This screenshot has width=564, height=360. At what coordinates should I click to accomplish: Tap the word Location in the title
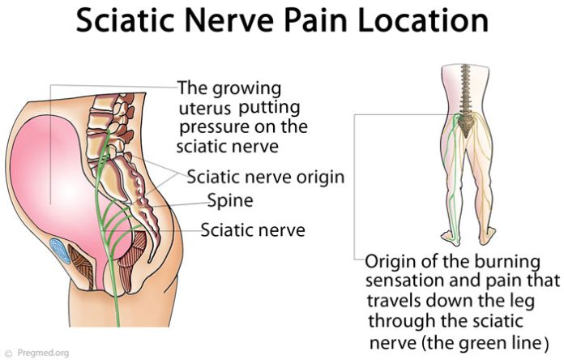click(x=423, y=19)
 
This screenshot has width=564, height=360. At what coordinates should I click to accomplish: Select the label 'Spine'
click(x=230, y=201)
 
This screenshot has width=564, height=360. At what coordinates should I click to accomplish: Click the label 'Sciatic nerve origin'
click(x=266, y=177)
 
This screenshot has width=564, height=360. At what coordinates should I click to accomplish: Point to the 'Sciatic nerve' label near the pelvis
click(x=253, y=230)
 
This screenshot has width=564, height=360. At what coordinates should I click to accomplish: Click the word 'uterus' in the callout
click(x=205, y=109)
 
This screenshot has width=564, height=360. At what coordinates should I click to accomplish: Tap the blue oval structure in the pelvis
click(x=60, y=251)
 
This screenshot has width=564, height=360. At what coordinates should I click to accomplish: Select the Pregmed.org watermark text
click(x=43, y=353)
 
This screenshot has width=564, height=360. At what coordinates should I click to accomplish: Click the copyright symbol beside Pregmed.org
click(x=10, y=354)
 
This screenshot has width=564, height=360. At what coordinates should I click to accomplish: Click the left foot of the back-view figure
click(x=451, y=237)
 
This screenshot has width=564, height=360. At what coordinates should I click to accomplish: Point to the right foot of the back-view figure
click(x=488, y=236)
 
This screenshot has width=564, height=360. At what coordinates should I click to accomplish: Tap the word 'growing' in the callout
click(x=246, y=89)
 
